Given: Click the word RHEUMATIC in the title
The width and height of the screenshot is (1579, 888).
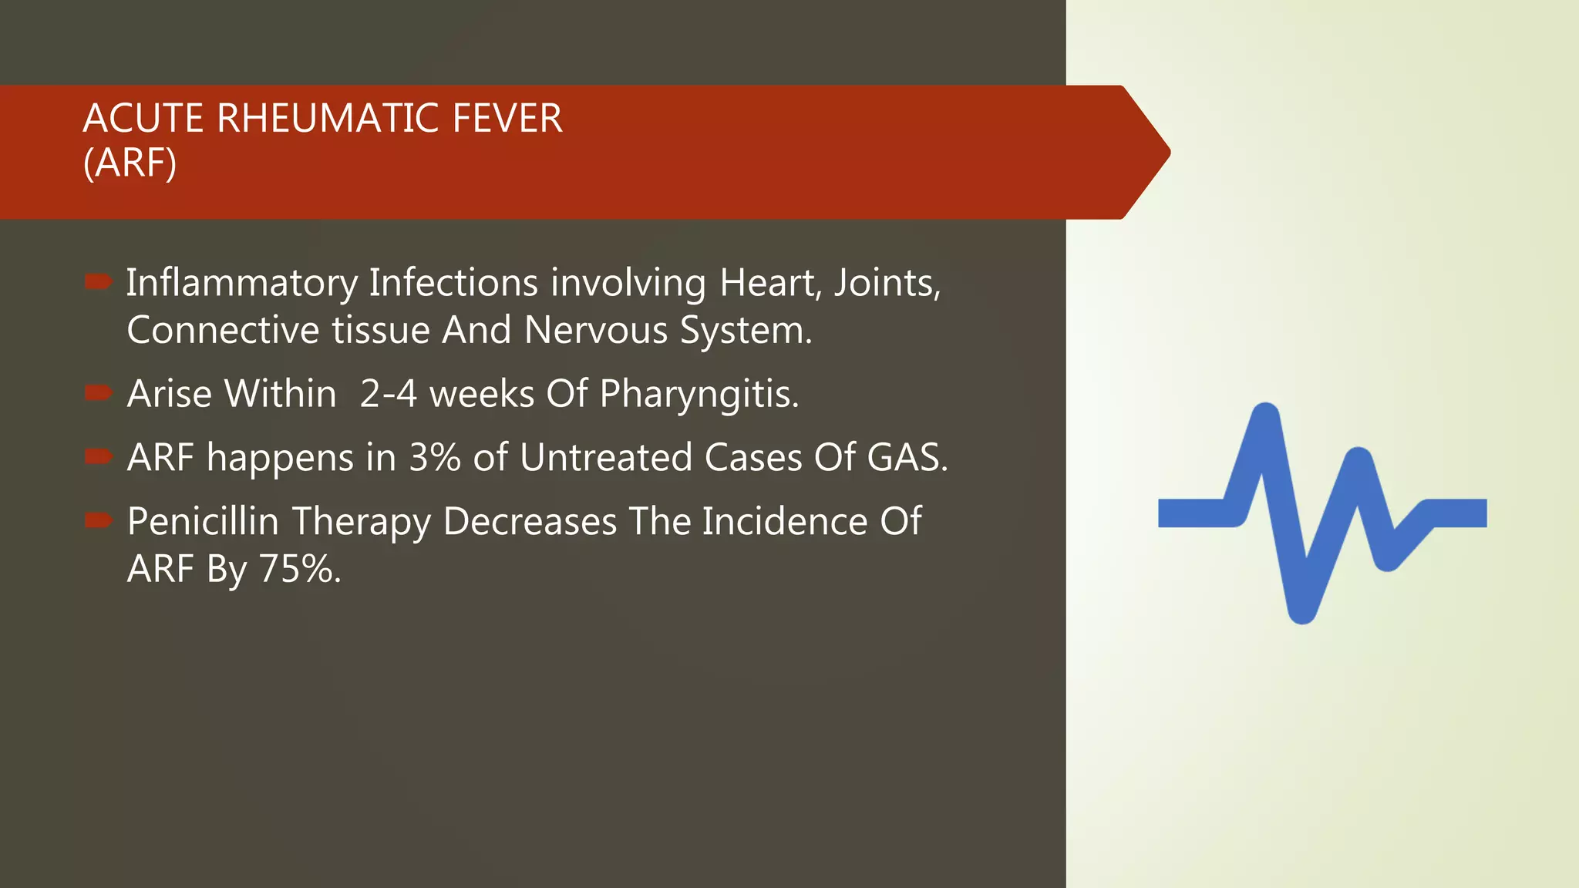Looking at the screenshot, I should pyautogui.click(x=328, y=119).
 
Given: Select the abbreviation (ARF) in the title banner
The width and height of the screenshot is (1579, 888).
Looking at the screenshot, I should pyautogui.click(x=130, y=163).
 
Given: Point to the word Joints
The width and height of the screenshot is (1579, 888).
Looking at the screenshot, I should pyautogui.click(x=887, y=282).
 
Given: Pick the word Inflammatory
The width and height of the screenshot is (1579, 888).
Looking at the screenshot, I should pyautogui.click(x=242, y=282).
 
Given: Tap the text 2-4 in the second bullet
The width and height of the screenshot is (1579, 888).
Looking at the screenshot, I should pyautogui.click(x=389, y=393).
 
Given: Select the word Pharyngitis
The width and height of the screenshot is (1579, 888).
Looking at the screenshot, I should pyautogui.click(x=699, y=394).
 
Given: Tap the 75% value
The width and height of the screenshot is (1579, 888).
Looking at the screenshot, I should pyautogui.click(x=299, y=569).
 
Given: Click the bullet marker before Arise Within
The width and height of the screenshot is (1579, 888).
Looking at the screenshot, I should pyautogui.click(x=99, y=393).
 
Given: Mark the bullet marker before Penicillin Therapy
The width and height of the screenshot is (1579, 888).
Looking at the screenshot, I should pyautogui.click(x=99, y=521).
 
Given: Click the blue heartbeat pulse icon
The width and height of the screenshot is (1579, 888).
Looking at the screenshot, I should pyautogui.click(x=1321, y=513).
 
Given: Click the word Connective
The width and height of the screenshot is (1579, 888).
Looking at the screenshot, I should pyautogui.click(x=224, y=330).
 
